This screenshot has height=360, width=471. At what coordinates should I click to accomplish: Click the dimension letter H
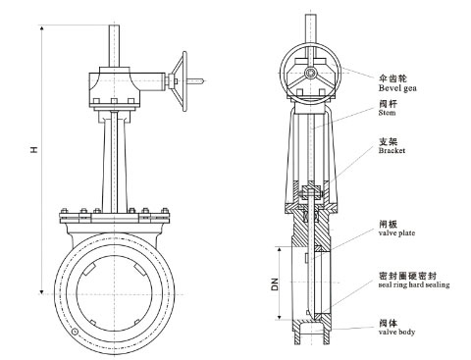(x=33, y=150)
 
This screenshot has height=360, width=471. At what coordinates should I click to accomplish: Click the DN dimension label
(x=275, y=283)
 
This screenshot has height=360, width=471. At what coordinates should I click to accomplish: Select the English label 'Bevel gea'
(x=397, y=88)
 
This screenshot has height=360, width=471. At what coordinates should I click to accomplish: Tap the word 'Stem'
(x=387, y=113)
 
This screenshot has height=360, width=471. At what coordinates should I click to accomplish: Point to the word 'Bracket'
(x=392, y=151)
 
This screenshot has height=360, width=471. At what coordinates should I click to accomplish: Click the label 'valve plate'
(x=396, y=233)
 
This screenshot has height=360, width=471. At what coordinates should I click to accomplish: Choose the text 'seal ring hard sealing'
(x=414, y=284)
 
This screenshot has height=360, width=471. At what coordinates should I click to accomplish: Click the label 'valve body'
(x=396, y=333)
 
